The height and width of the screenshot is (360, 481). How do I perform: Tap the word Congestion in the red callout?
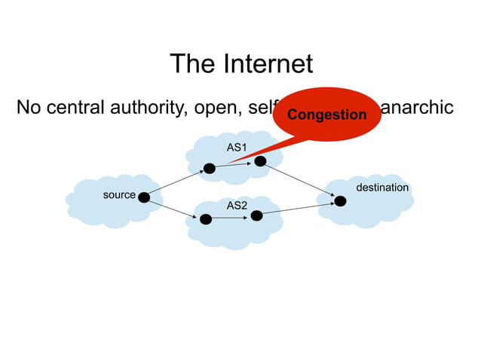pos(327,115)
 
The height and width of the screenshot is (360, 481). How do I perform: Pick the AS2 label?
pos(237,205)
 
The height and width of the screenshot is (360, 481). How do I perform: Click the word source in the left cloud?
pos(119,195)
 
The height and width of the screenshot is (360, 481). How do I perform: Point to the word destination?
pos(382,187)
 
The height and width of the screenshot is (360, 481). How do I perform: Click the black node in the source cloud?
pos(143,197)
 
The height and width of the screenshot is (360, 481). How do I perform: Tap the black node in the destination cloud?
pos(340,201)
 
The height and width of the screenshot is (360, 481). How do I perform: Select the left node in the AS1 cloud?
pos(209,169)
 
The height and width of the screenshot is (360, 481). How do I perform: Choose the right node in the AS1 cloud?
pos(260,161)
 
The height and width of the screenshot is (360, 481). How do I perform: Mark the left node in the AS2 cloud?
pos(205,219)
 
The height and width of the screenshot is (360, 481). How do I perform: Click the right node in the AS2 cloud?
pos(256,216)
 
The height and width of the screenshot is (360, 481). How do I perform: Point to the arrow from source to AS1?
pos(176,183)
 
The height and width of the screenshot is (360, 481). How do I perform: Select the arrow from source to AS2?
pos(174,209)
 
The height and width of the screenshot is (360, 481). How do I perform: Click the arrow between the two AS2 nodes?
pos(231,218)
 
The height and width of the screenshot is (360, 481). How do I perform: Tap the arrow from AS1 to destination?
pos(300,181)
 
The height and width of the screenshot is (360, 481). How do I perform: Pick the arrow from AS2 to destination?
pos(298,209)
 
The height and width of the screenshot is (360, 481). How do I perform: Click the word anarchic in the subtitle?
pos(418,108)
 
